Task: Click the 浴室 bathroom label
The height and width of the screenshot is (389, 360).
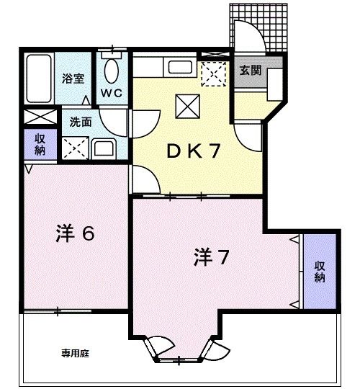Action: tap(73, 78)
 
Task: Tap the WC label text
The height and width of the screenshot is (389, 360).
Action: tap(112, 94)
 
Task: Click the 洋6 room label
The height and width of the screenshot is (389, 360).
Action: tap(76, 234)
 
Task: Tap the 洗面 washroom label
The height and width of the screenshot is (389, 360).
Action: tap(80, 122)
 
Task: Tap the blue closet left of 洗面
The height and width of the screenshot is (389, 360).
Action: tap(36, 143)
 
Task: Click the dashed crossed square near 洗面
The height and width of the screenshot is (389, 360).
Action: tap(74, 147)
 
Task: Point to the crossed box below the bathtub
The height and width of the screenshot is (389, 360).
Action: tap(35, 117)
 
